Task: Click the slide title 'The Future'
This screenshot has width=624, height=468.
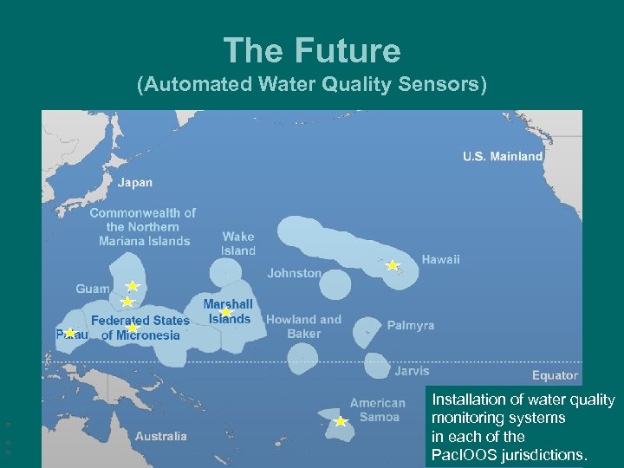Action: click(x=312, y=50)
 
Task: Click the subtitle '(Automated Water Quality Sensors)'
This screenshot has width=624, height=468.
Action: click(x=312, y=85)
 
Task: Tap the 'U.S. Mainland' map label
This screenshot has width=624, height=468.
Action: click(x=503, y=157)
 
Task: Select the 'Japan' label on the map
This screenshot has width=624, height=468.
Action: click(x=135, y=183)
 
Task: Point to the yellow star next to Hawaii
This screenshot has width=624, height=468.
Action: click(x=392, y=265)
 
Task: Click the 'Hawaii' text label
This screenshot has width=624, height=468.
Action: click(x=441, y=259)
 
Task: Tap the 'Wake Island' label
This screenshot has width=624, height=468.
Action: click(x=238, y=244)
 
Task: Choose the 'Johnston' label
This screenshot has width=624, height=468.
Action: click(x=294, y=273)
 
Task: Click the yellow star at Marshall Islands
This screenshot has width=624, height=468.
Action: click(x=226, y=313)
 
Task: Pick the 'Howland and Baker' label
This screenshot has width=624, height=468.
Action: click(x=303, y=326)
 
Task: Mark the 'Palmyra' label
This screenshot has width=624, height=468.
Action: click(x=411, y=326)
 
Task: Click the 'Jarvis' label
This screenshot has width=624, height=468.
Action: click(x=411, y=371)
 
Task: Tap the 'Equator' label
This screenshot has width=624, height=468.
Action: click(x=555, y=375)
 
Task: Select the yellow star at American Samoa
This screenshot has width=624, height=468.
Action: click(x=341, y=422)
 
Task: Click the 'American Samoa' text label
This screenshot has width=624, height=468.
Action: click(x=377, y=410)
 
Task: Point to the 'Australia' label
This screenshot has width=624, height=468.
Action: click(x=160, y=436)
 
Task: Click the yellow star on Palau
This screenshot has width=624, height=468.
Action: click(x=70, y=333)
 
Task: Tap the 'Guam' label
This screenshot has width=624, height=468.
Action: click(x=93, y=289)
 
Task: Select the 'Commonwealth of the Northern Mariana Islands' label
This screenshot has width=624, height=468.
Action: click(x=143, y=227)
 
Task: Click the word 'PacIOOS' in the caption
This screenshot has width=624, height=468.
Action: click(x=465, y=455)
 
